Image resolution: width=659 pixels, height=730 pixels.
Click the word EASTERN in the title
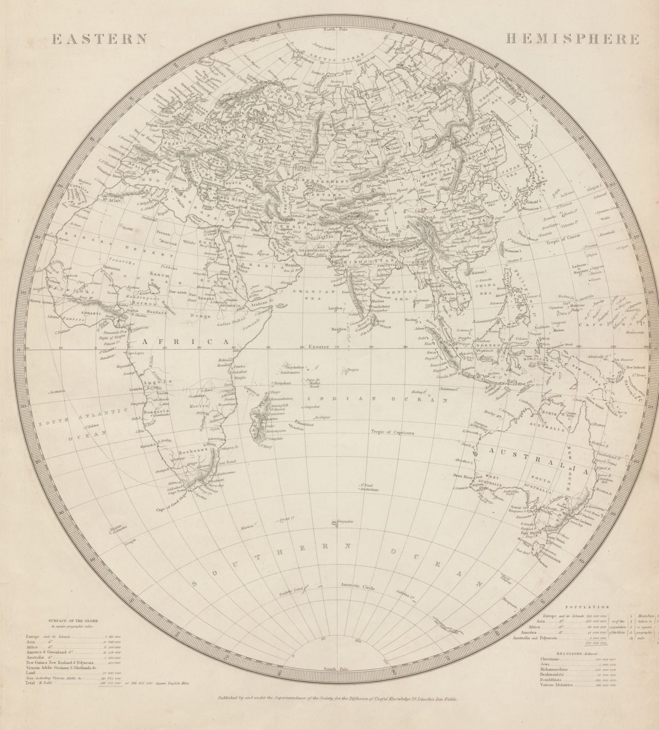(x=99, y=39)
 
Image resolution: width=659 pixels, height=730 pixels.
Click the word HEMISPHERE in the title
(x=572, y=39)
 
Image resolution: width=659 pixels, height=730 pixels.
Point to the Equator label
(x=318, y=347)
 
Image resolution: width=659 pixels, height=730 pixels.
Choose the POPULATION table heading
(x=587, y=607)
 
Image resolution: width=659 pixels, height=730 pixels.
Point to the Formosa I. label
(x=513, y=250)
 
